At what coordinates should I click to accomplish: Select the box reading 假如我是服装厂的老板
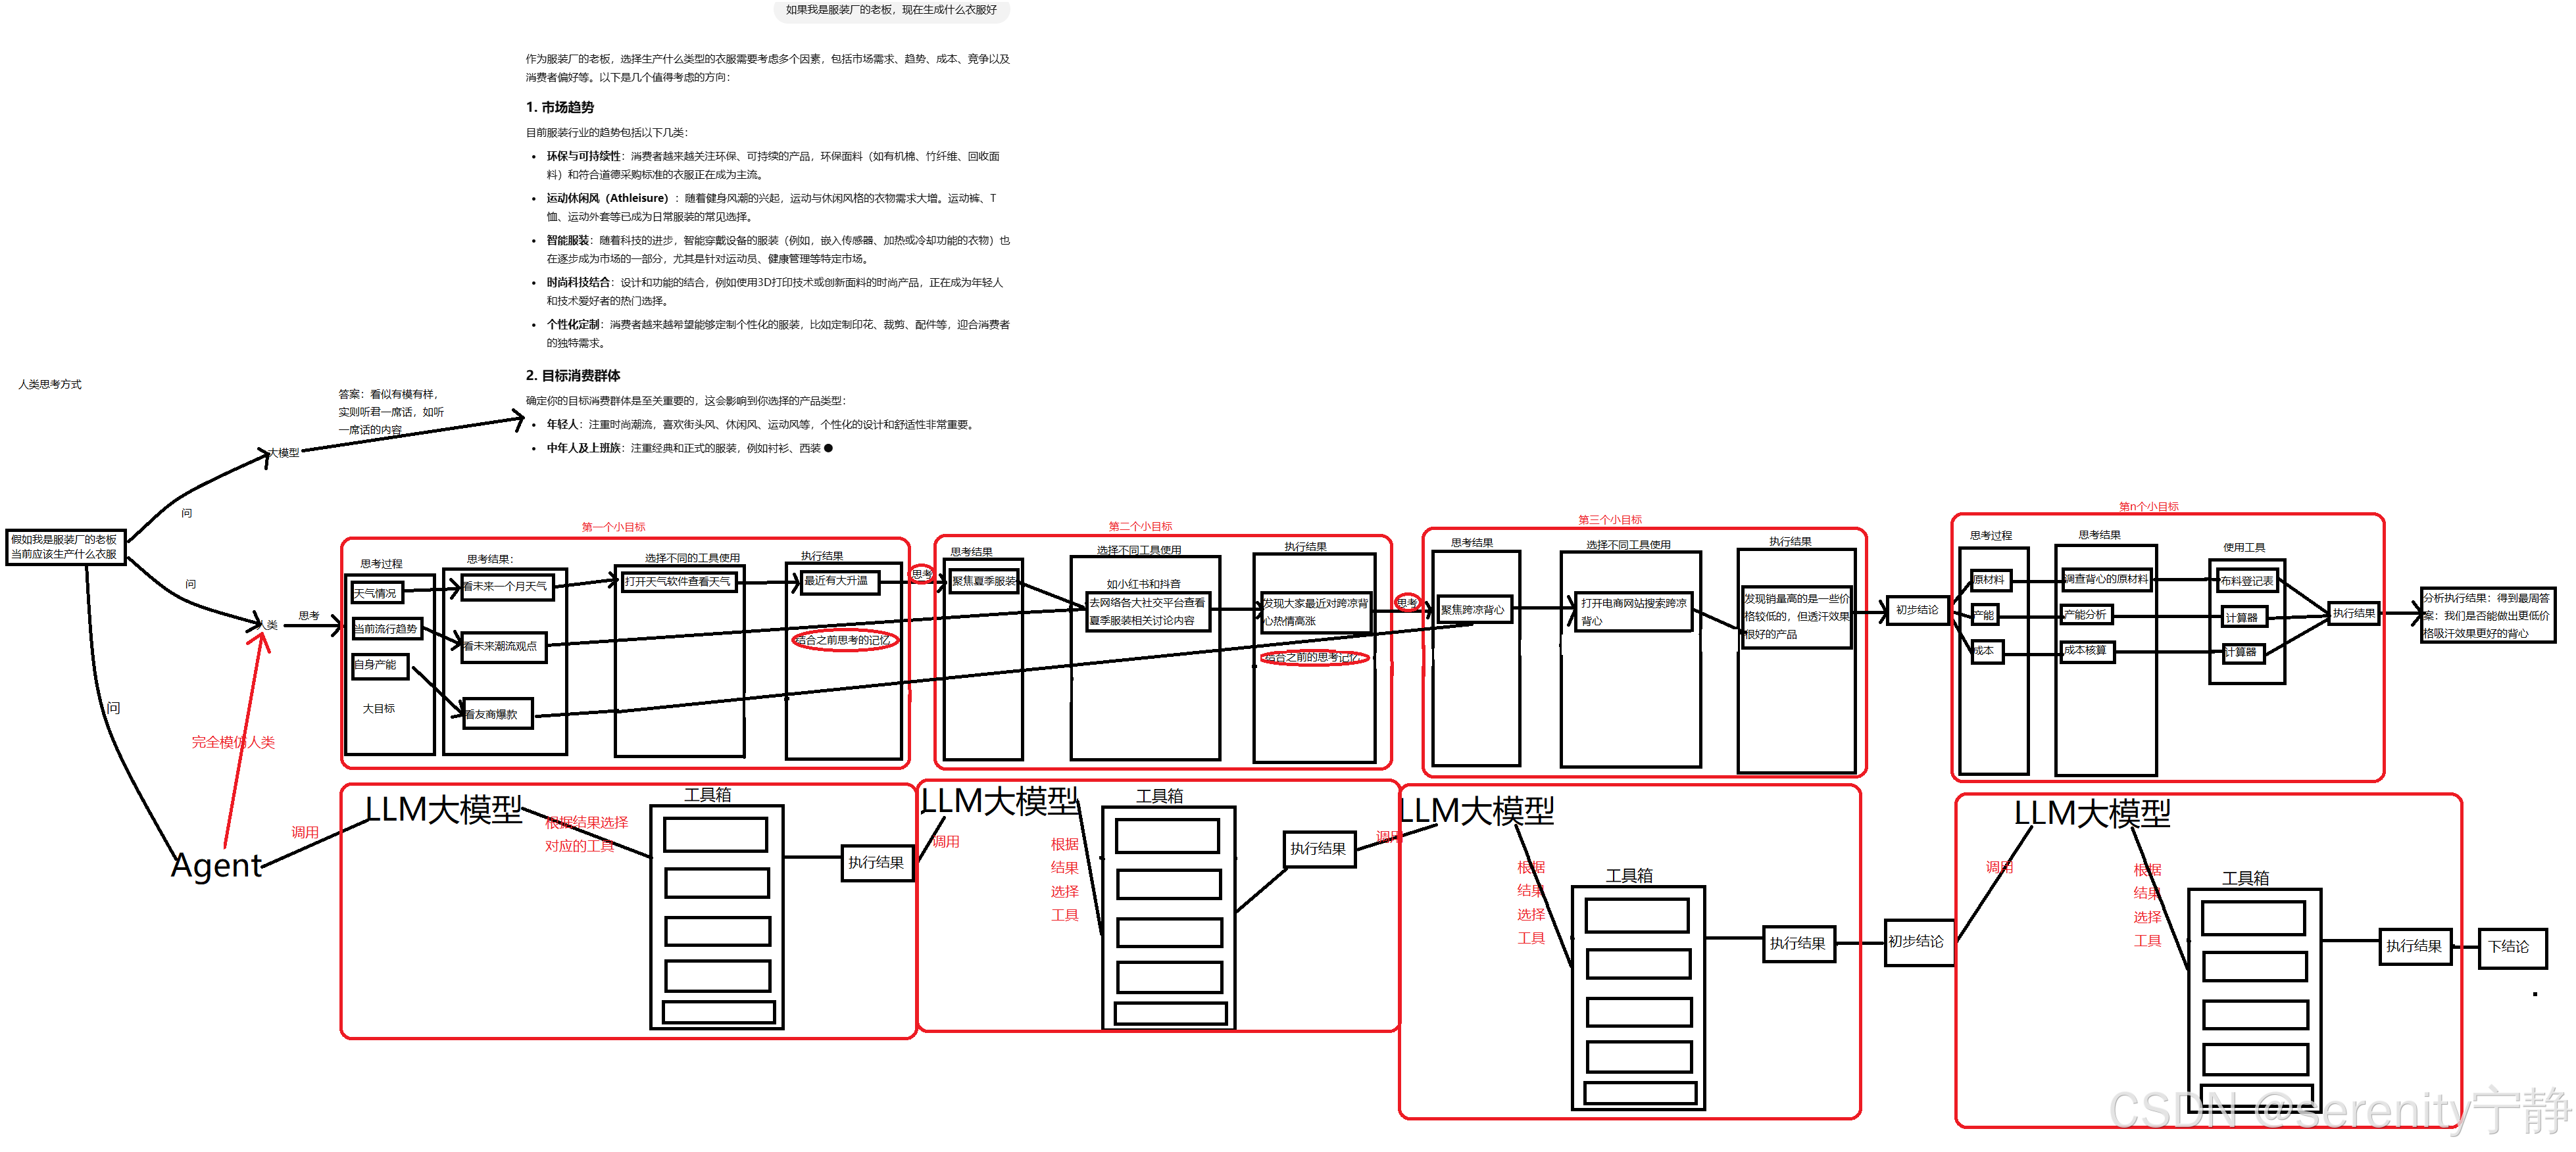[65, 547]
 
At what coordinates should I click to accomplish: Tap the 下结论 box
[2510, 947]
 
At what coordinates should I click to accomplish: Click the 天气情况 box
[376, 593]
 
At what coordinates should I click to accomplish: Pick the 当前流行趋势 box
[386, 629]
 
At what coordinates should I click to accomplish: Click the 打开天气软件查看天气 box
[679, 582]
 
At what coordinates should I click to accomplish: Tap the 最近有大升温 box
[839, 581]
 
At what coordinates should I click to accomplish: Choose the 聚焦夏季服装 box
[984, 581]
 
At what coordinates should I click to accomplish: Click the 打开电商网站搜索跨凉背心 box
[1633, 611]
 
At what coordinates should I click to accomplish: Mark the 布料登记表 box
[2246, 581]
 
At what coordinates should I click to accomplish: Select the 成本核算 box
[2086, 651]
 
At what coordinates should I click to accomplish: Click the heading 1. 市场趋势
[560, 107]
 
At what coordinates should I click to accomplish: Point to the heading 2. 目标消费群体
[573, 376]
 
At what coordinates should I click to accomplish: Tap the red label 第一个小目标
[613, 527]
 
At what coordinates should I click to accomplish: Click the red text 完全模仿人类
[233, 742]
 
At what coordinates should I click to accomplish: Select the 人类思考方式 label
[50, 384]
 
